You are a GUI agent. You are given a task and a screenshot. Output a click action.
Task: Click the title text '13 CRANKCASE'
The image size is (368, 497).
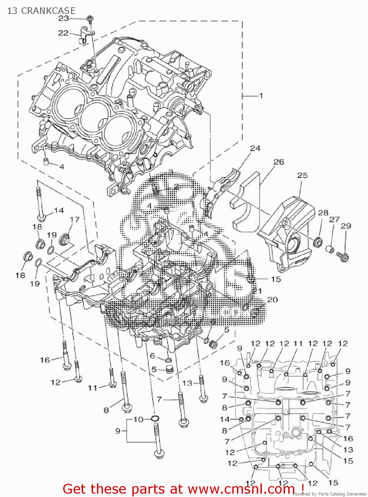click(x=41, y=11)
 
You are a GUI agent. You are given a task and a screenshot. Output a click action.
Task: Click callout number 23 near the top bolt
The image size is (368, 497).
click(x=63, y=19)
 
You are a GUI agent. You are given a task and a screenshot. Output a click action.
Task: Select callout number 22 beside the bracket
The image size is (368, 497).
click(x=63, y=33)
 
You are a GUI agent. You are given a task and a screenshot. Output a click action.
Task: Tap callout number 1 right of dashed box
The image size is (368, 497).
click(x=261, y=96)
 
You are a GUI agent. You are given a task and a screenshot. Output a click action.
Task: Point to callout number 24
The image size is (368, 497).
click(x=255, y=148)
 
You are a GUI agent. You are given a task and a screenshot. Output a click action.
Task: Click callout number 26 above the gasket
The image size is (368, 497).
click(x=279, y=162)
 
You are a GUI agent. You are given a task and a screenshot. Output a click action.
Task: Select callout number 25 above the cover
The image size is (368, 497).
click(x=302, y=175)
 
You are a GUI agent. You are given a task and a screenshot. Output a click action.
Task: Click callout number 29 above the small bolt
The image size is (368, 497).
click(x=345, y=226)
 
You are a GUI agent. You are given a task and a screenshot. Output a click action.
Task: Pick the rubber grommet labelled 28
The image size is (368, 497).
click(x=318, y=242)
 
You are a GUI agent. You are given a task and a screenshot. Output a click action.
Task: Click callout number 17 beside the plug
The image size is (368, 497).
click(x=74, y=219)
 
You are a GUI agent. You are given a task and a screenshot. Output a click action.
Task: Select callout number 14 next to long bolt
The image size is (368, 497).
click(x=59, y=210)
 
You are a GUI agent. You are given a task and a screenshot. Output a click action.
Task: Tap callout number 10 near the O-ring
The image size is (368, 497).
click(x=138, y=419)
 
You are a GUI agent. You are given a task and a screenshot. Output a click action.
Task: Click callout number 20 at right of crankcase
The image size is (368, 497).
click(x=272, y=300)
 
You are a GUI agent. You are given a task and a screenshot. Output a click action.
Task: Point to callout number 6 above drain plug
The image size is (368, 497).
click(x=152, y=356)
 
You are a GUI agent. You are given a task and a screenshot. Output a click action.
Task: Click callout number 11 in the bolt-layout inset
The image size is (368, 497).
click(x=298, y=344)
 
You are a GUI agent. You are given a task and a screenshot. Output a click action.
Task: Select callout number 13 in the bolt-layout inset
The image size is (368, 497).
click(x=348, y=450)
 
